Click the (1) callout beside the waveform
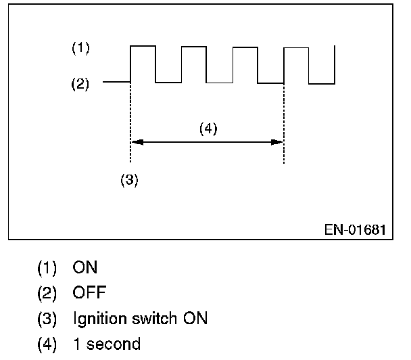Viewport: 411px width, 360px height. click(80, 48)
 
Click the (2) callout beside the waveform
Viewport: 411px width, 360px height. click(80, 85)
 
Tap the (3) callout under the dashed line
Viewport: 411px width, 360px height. click(129, 181)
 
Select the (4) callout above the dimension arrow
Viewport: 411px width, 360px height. click(208, 129)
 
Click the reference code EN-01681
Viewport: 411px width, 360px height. click(354, 229)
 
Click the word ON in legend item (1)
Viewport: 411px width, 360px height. click(85, 268)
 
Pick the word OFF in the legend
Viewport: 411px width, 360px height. click(89, 294)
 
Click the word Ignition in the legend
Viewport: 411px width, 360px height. click(99, 319)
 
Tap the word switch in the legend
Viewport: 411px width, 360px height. click(155, 318)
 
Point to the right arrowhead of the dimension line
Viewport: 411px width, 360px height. click(279, 142)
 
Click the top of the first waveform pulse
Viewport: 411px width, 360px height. click(143, 46)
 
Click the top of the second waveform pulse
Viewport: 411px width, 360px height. click(194, 46)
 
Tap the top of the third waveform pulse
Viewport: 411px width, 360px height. click(245, 46)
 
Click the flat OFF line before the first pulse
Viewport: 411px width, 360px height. click(116, 82)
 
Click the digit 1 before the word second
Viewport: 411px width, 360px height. click(76, 344)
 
